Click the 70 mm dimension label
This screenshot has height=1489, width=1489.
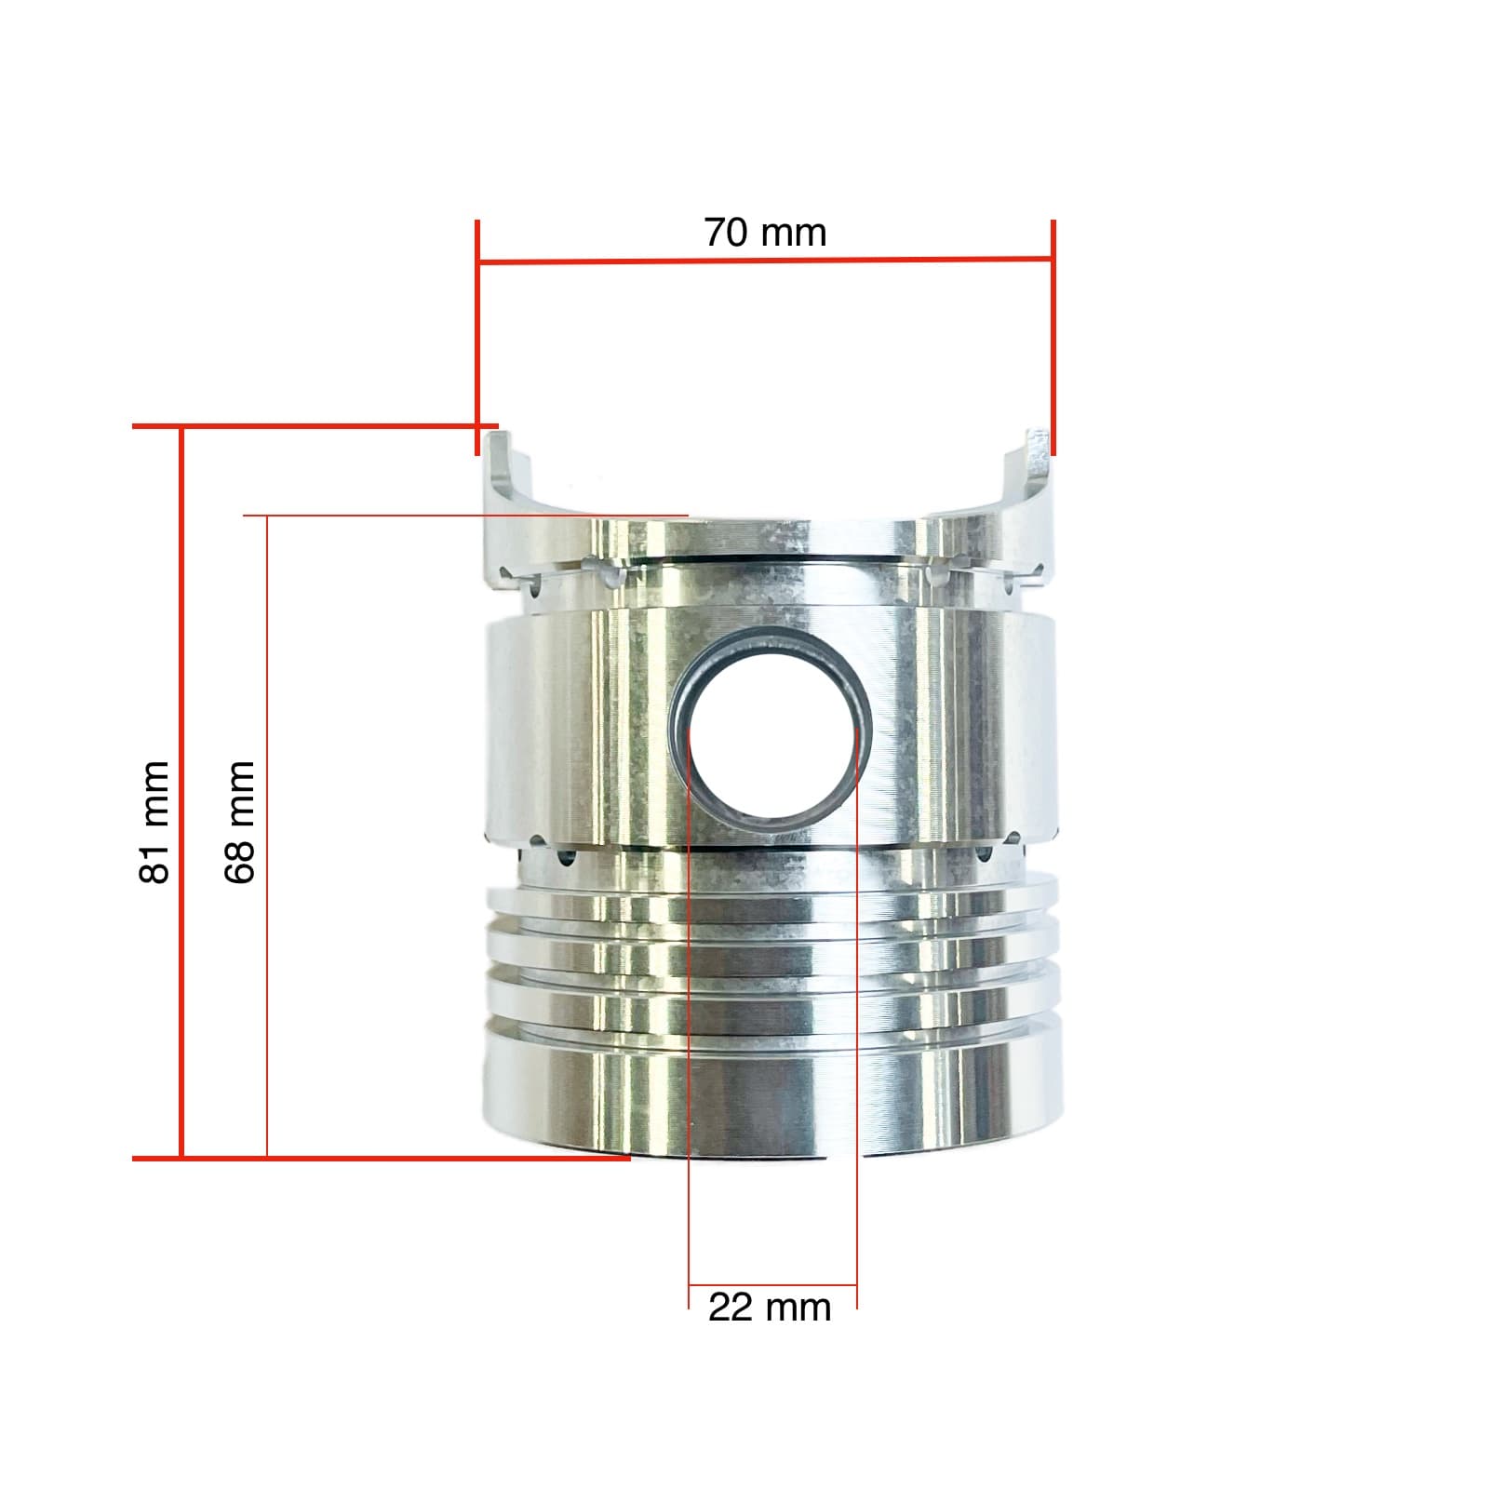(765, 233)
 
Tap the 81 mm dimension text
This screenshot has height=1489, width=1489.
(154, 822)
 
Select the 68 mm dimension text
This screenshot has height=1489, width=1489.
(239, 822)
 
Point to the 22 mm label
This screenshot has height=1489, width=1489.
(769, 1308)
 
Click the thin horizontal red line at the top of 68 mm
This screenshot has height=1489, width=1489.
(465, 515)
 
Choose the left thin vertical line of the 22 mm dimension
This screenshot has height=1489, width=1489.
(689, 1024)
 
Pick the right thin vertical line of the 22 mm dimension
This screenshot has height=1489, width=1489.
(856, 1024)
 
